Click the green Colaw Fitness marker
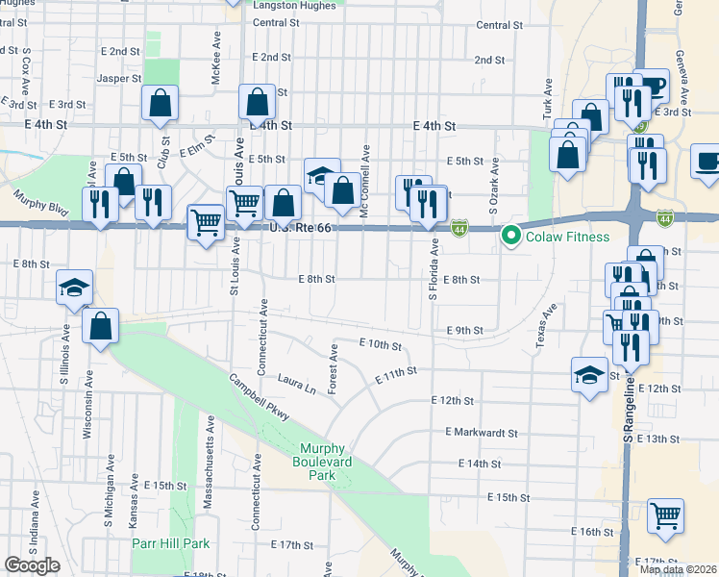pyautogui.click(x=510, y=236)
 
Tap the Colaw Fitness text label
pyautogui.click(x=566, y=237)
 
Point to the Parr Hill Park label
pyautogui.click(x=170, y=543)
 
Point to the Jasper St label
pyautogui.click(x=119, y=78)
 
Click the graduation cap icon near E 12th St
pyautogui.click(x=589, y=374)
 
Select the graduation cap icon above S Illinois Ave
pyautogui.click(x=74, y=287)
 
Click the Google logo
pyautogui.click(x=32, y=565)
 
